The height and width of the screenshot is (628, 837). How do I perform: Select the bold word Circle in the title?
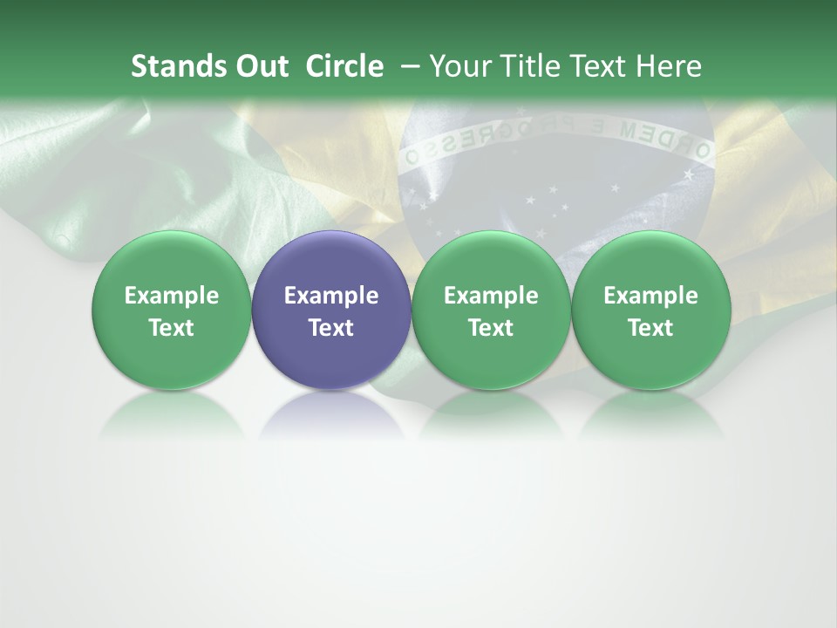[x=344, y=66]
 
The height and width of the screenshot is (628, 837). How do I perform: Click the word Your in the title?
[x=459, y=66]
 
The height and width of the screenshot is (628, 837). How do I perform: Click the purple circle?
[x=331, y=310]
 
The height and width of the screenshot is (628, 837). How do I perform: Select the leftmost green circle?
[x=171, y=310]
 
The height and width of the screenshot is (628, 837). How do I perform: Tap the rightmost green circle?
[x=651, y=310]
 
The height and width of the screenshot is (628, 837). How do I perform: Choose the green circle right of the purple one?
[x=491, y=310]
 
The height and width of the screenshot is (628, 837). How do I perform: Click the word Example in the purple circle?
[x=331, y=296]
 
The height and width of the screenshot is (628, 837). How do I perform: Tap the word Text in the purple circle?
[x=331, y=328]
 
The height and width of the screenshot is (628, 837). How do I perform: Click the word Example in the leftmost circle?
[x=171, y=296]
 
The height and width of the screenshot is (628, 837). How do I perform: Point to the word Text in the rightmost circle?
[x=651, y=328]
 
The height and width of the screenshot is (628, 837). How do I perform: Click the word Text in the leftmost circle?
[x=171, y=328]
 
